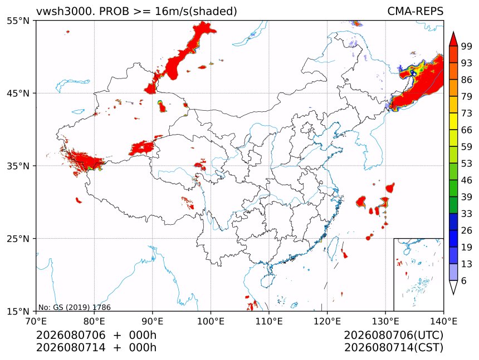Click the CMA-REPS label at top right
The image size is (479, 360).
pos(415,11)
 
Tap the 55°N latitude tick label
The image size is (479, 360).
pos(18,21)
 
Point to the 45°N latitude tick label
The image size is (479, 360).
pos(18,93)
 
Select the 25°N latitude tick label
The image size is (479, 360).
pos(18,238)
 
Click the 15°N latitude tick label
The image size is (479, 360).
pos(18,311)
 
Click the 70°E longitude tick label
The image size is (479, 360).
pos(36,321)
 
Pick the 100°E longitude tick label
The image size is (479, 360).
pos(211,321)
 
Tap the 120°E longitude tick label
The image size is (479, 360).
pos(327,321)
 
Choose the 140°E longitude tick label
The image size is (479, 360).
pos(443,321)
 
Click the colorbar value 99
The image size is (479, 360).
pos(467,46)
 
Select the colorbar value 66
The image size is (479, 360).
pos(467,130)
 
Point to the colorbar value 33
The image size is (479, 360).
pos(467,214)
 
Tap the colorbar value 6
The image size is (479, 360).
pos(464,280)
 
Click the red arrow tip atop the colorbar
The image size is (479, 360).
pos(453,32)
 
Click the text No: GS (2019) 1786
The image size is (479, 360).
pos(74,307)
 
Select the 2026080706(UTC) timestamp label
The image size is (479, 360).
pos(393,335)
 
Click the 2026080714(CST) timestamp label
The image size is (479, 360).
pos(393,348)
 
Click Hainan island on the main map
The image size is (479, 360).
pos(267,280)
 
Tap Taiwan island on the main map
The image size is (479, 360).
pos(333,248)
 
